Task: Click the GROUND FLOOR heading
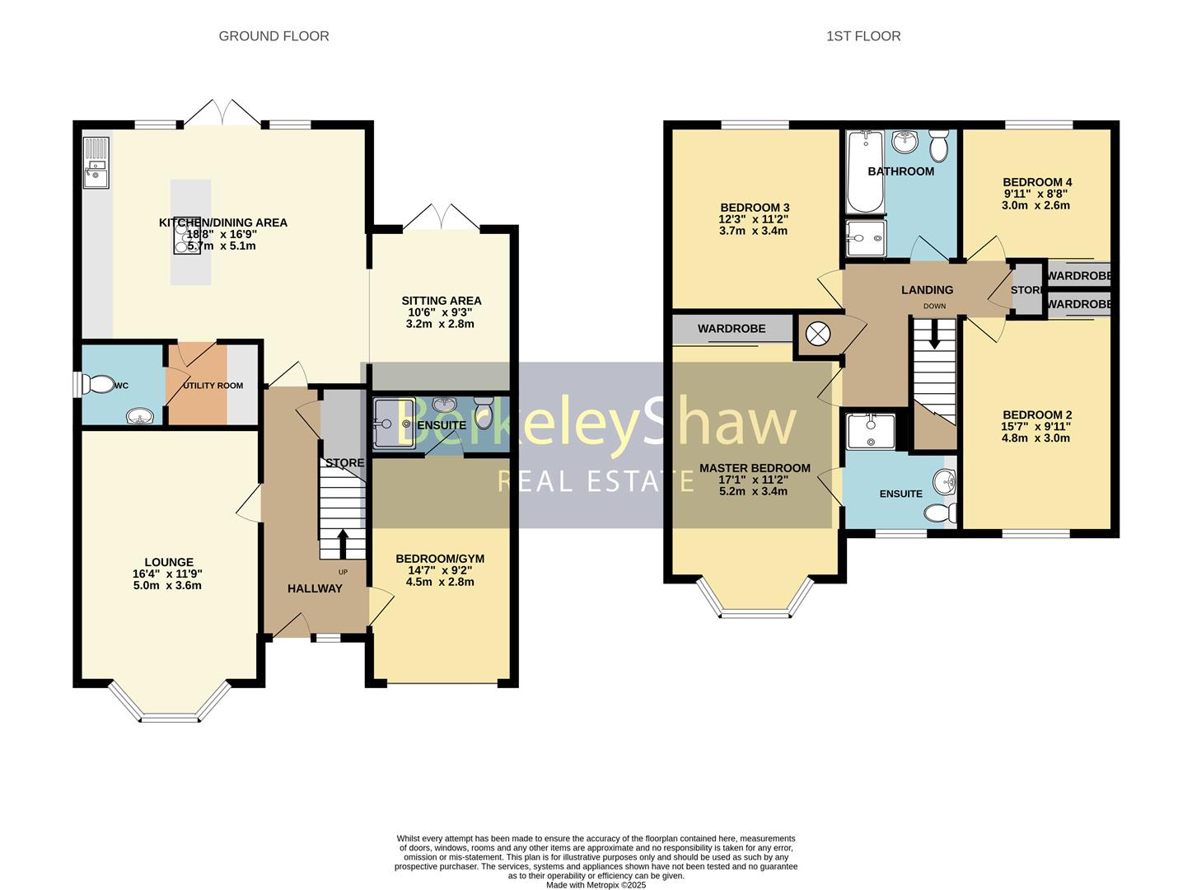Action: [273, 36]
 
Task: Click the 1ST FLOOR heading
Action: [863, 36]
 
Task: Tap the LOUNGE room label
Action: [169, 563]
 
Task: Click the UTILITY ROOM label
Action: [213, 386]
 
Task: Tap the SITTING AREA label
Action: [442, 301]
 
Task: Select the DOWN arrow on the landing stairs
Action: [935, 334]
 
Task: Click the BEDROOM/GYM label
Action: [440, 559]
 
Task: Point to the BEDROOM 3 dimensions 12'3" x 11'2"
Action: [755, 219]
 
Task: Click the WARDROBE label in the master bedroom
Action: [732, 329]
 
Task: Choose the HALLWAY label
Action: [315, 588]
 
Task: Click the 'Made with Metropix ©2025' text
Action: [596, 885]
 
